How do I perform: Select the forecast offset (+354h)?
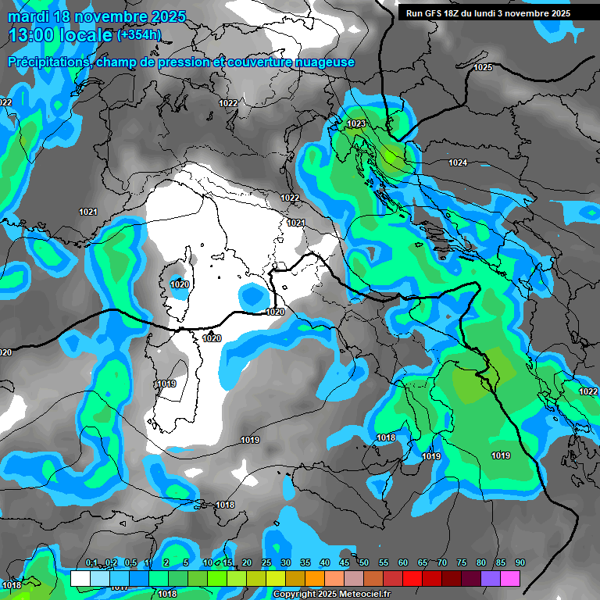click(x=139, y=35)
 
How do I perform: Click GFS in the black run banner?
click(x=437, y=13)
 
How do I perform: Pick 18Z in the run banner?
click(x=458, y=13)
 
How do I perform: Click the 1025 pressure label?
click(x=483, y=68)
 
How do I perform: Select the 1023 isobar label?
click(x=356, y=124)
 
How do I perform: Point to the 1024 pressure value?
click(x=458, y=162)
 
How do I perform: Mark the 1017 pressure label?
click(x=119, y=587)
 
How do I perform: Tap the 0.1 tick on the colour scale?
click(x=91, y=563)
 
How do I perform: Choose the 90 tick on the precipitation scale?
click(x=520, y=563)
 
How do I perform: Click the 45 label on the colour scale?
click(x=345, y=563)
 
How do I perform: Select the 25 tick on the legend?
click(x=266, y=563)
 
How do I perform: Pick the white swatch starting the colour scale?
click(x=80, y=579)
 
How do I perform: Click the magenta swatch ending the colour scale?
click(x=510, y=579)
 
